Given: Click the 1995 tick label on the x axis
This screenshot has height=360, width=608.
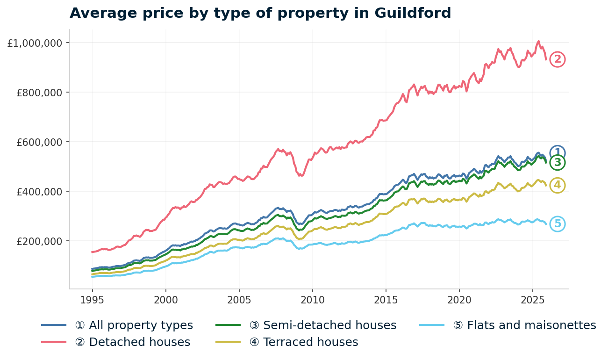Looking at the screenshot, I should click(x=92, y=299).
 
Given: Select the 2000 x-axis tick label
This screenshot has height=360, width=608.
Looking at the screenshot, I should click(x=166, y=299).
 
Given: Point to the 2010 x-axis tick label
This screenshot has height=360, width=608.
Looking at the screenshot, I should click(x=313, y=299).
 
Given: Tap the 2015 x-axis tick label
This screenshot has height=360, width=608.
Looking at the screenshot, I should click(x=386, y=299).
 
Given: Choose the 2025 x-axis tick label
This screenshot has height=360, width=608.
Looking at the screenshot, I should click(x=533, y=299).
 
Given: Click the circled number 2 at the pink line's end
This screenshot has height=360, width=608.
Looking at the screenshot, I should click(x=557, y=59).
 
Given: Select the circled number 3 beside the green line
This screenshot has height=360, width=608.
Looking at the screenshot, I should click(x=557, y=163).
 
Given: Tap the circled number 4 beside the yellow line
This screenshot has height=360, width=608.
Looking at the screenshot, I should click(x=557, y=185).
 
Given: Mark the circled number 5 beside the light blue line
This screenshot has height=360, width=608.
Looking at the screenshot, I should click(x=557, y=224).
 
